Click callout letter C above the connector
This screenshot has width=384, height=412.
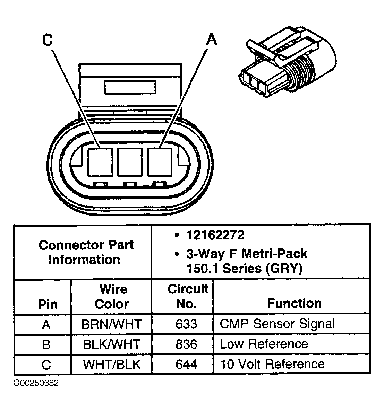coord(47,40)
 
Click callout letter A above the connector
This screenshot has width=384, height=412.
coord(211,40)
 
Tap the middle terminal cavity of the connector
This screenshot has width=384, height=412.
coord(130,161)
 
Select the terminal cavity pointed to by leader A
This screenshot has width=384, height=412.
coord(160,161)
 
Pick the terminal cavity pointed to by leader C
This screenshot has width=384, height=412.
coord(100,161)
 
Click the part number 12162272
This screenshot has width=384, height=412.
coord(215,235)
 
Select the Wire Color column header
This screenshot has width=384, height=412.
coord(111,296)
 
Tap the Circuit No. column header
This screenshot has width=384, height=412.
coord(188,296)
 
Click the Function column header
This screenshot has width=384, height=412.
coord(294,303)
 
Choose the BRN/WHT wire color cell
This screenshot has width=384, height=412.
coord(111,324)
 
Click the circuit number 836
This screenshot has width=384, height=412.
coord(186,344)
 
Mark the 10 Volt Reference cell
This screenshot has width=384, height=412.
coord(272,364)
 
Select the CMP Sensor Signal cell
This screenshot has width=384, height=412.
coord(277,324)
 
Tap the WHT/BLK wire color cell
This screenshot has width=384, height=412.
coord(111,365)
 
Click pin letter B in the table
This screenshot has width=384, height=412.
coord(46,344)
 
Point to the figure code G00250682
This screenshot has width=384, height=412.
coord(36,383)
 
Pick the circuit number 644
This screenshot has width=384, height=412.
coord(186,364)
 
